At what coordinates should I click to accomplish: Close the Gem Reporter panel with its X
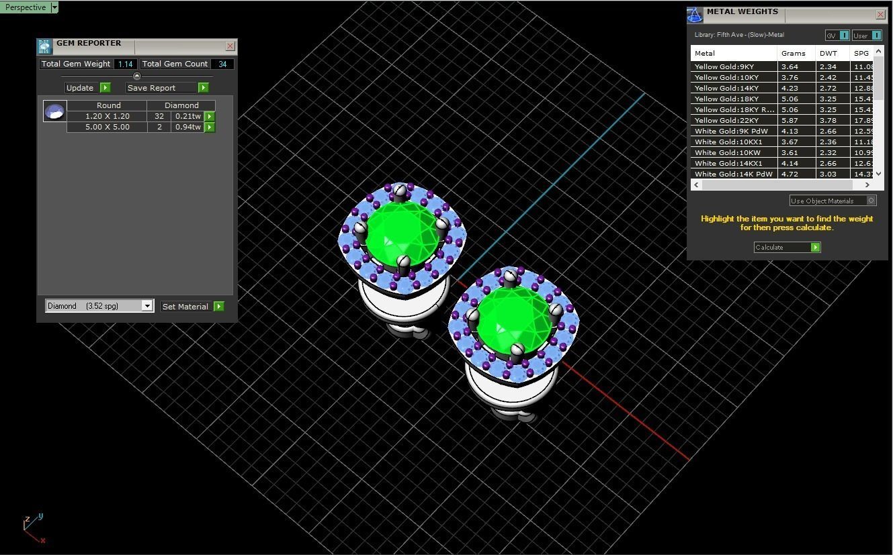(x=230, y=46)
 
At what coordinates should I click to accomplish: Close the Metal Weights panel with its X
(x=880, y=14)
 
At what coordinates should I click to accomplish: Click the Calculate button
(x=787, y=248)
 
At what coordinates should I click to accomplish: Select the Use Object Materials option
(x=833, y=201)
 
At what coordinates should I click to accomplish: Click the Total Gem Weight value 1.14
(x=125, y=64)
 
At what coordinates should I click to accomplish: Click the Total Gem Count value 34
(x=222, y=64)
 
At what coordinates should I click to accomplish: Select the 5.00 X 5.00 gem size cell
(x=107, y=127)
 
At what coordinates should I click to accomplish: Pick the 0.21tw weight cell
(x=187, y=116)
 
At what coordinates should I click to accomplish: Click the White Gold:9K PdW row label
(x=731, y=131)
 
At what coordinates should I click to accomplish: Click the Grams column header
(x=794, y=53)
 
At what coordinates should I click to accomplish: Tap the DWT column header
(x=828, y=53)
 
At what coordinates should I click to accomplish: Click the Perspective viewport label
(x=26, y=7)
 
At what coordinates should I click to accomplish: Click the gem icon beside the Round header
(x=54, y=111)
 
